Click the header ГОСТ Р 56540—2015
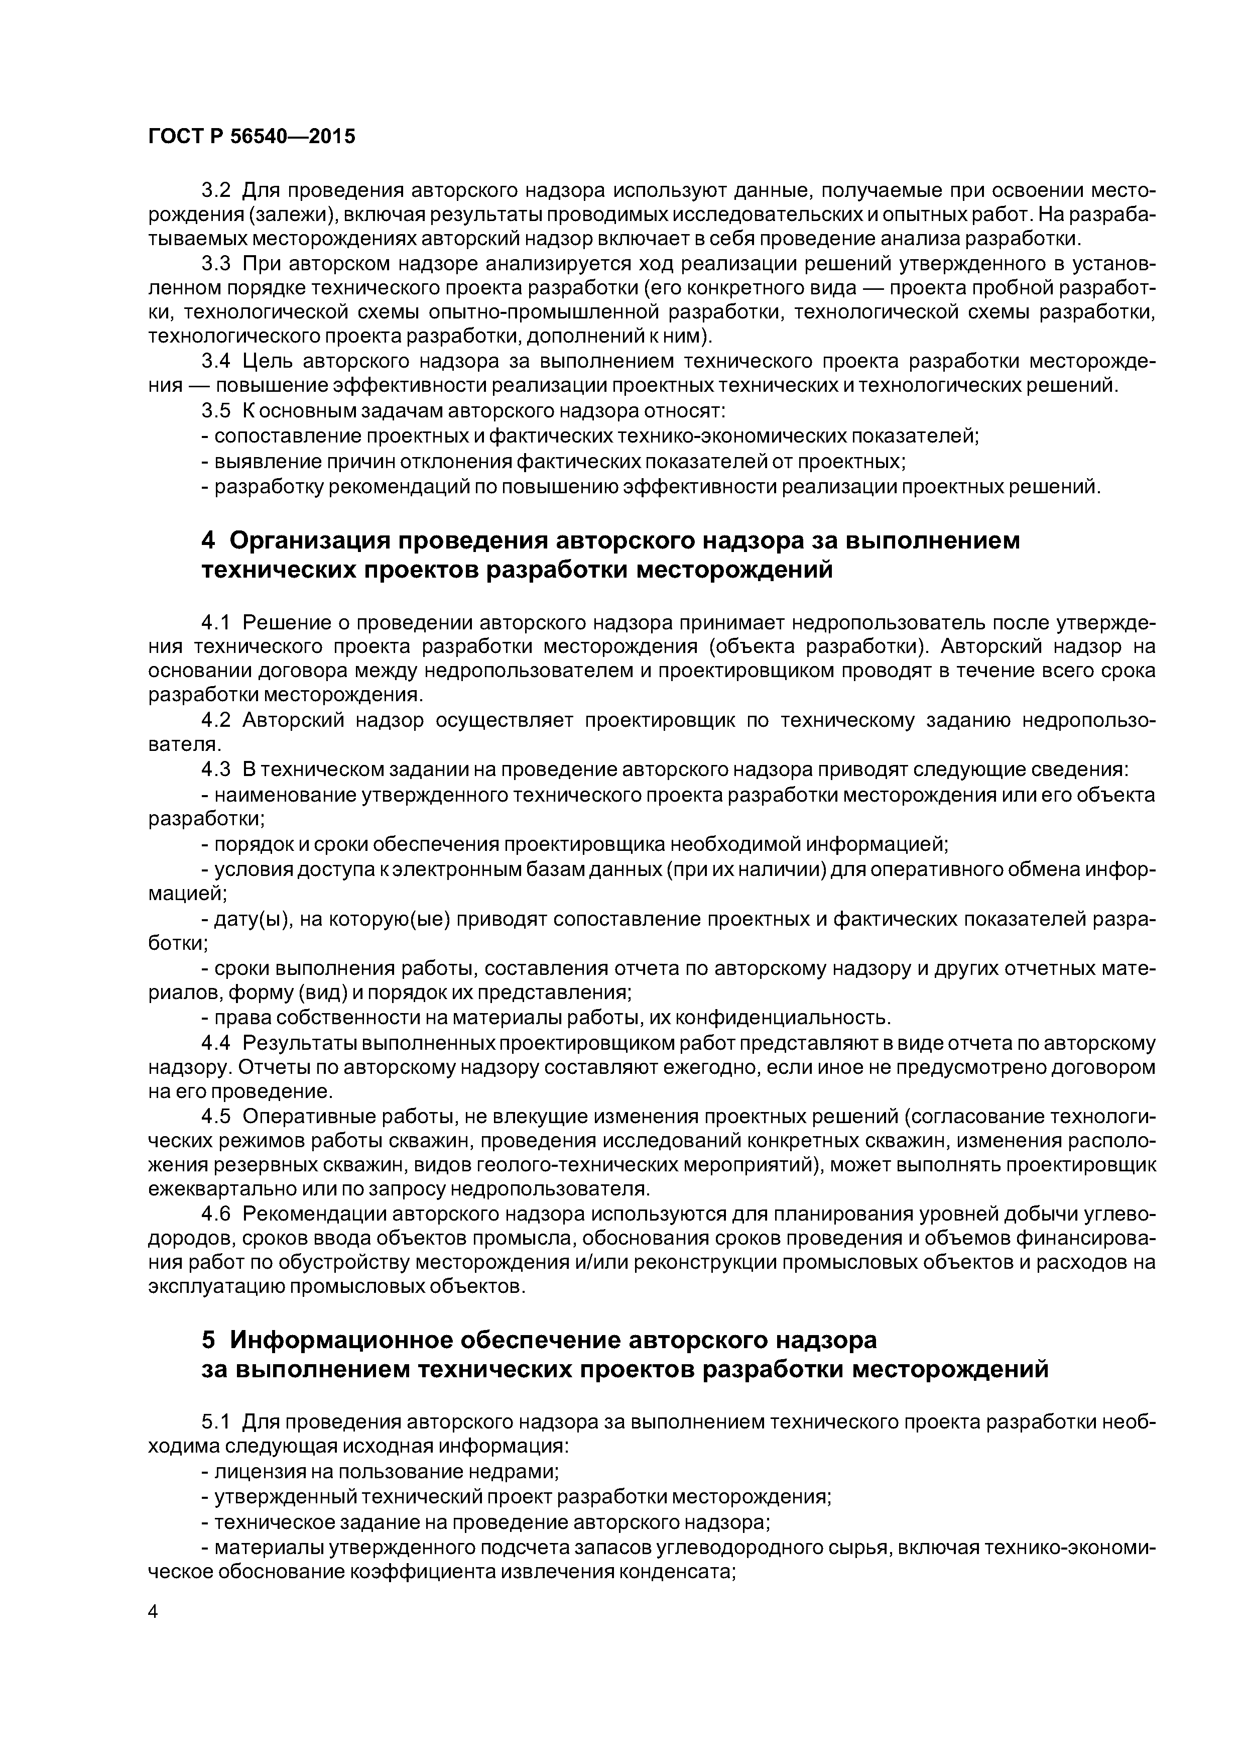(x=252, y=137)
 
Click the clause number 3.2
(x=215, y=189)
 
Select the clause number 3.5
(x=215, y=410)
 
